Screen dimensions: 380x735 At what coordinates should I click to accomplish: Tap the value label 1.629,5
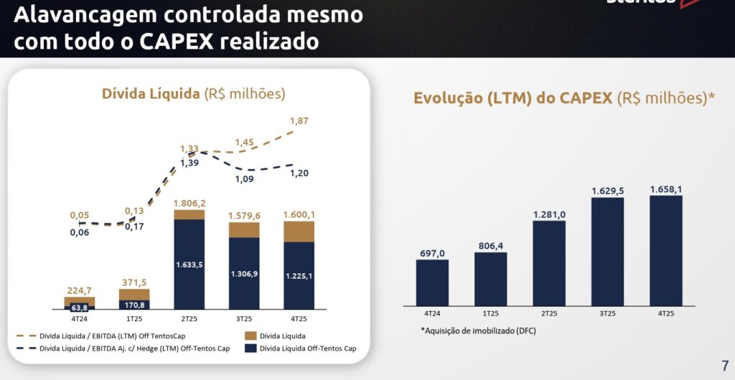tap(607, 191)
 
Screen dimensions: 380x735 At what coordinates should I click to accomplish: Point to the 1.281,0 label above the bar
tap(549, 214)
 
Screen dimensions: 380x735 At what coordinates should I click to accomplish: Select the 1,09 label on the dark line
tap(245, 179)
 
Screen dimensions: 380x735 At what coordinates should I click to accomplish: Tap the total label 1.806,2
tap(189, 204)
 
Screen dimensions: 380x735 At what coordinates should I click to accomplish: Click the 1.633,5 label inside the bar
tap(189, 265)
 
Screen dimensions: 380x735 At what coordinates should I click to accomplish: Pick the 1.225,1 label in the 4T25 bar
tap(299, 276)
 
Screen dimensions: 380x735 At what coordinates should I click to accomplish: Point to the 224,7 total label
tap(80, 290)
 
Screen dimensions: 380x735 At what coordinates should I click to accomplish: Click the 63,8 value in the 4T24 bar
tap(80, 308)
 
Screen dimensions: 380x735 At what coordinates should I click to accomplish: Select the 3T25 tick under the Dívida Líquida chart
tap(244, 318)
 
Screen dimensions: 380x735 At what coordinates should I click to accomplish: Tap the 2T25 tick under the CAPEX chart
tap(549, 313)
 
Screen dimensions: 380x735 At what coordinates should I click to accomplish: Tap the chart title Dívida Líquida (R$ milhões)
tap(193, 94)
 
